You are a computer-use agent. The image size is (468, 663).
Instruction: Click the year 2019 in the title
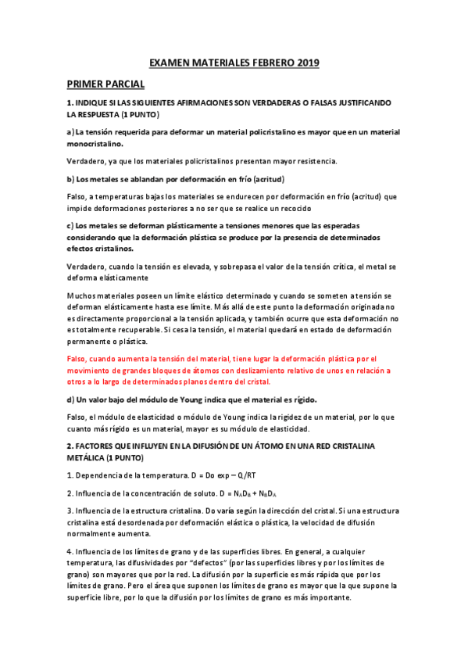(308, 63)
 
